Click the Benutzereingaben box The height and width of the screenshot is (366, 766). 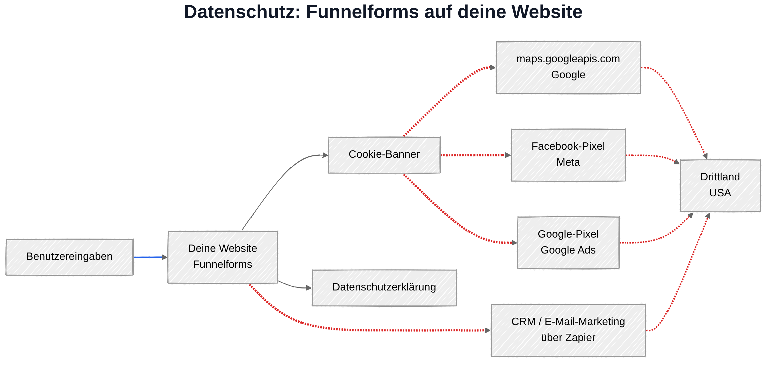[x=69, y=257]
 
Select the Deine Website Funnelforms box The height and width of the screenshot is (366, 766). [x=223, y=257]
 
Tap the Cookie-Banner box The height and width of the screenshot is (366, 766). [x=384, y=155]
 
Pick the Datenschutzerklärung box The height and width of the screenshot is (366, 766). [x=384, y=288]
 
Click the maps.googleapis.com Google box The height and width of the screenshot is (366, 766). [x=568, y=68]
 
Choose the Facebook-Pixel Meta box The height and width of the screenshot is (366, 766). [x=568, y=155]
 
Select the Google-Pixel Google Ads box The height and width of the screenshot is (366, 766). [x=568, y=243]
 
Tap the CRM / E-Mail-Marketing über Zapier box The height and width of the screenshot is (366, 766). [x=568, y=330]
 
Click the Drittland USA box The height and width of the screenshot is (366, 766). [x=720, y=186]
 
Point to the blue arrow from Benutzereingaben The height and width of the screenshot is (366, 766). [x=150, y=257]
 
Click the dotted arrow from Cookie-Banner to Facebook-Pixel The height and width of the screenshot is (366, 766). [x=476, y=155]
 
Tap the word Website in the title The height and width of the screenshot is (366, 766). [x=547, y=12]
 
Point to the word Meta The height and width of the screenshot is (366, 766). [x=568, y=162]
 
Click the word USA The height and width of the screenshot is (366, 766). [x=720, y=193]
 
